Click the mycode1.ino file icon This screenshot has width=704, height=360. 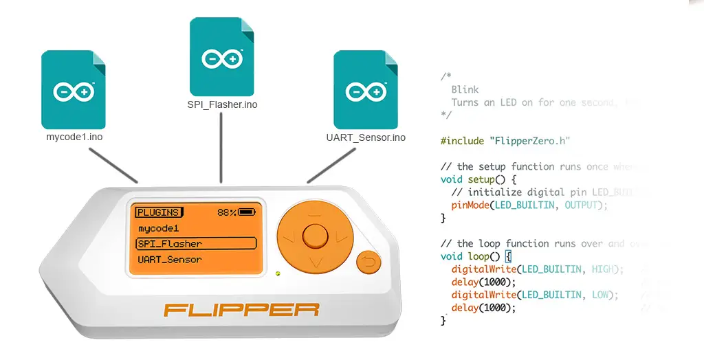pos(74,90)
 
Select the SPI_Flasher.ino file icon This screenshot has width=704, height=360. pos(222,58)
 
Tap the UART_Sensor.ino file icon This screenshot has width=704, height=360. pos(366,89)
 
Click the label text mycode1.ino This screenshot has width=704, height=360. pos(74,137)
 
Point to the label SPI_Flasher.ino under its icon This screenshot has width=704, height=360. pos(222,104)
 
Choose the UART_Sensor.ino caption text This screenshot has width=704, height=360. pos(366,137)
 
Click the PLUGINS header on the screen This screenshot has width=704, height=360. pos(158,212)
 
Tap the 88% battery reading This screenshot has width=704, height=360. pos(227,212)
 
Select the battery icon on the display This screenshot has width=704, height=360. pos(247,212)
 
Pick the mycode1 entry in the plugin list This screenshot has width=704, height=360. pos(159,228)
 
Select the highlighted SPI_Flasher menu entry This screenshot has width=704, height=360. pos(196,243)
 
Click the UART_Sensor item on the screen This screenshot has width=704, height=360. pos(170,260)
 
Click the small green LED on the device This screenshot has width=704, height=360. pos(278,273)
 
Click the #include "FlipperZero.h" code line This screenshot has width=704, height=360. pos(505,141)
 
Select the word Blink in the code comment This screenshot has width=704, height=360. pos(465,89)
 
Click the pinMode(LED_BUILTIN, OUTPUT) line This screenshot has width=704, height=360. pos(529,205)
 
